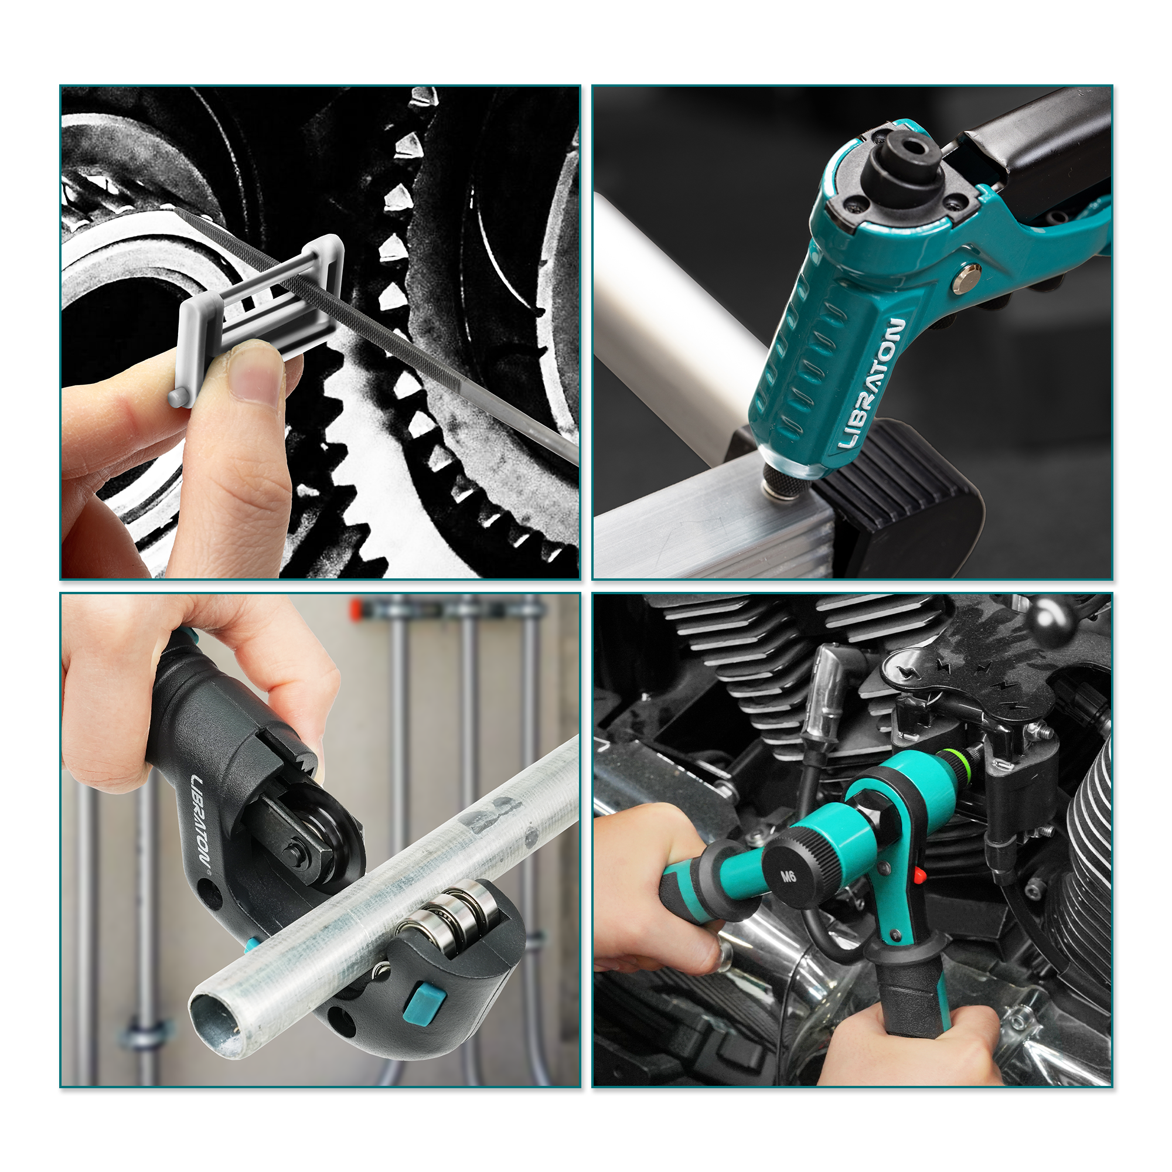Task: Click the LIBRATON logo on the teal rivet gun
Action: (x=872, y=384)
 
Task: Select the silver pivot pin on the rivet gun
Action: (x=967, y=278)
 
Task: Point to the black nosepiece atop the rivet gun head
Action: (x=902, y=158)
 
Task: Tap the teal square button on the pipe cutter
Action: (x=425, y=1001)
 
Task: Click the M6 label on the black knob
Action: (x=788, y=876)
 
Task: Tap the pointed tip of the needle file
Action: (x=176, y=209)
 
